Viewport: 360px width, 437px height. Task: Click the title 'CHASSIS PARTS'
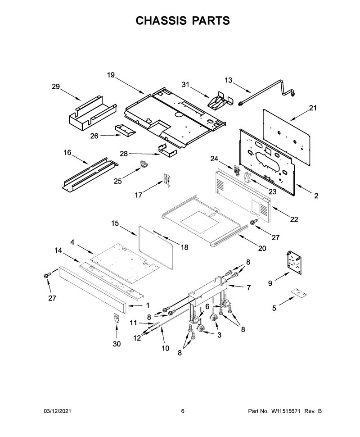[x=183, y=21]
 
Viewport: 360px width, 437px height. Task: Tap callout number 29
[x=56, y=86]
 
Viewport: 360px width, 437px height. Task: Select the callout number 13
[x=228, y=80]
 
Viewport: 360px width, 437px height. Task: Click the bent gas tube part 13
[x=267, y=92]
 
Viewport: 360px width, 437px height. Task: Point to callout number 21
[x=313, y=108]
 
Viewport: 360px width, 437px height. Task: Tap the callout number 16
[x=67, y=152]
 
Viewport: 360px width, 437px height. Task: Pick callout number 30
[x=117, y=344]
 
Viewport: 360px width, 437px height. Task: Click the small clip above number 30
[x=116, y=318]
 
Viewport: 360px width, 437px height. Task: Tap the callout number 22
[x=294, y=219]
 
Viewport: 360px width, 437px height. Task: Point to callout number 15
[x=115, y=223]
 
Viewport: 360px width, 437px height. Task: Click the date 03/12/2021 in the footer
[x=58, y=411]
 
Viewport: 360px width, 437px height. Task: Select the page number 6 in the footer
[x=183, y=411]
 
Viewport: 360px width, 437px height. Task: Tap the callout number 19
[x=111, y=75]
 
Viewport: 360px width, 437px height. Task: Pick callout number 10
[x=166, y=348]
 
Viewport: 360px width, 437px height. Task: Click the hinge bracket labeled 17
[x=167, y=179]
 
